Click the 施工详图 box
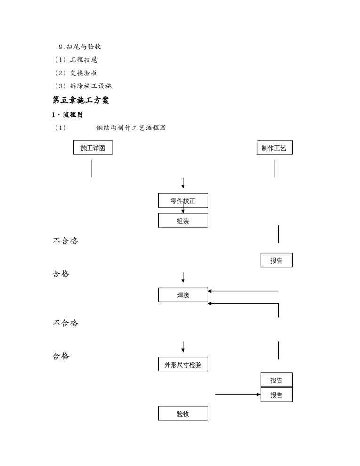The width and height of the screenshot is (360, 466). click(93, 148)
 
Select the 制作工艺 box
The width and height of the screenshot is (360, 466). click(274, 148)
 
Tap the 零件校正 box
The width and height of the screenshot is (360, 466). click(183, 201)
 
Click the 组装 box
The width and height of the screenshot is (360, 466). click(183, 221)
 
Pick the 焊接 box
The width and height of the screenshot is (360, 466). click(183, 295)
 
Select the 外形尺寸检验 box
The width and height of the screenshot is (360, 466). click(183, 364)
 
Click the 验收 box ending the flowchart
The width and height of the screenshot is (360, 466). click(183, 414)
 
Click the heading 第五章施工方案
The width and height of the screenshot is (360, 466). click(80, 100)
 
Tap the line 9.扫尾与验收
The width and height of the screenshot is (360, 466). click(80, 47)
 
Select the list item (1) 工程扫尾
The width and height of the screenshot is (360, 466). click(76, 60)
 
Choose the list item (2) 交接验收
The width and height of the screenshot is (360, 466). click(76, 73)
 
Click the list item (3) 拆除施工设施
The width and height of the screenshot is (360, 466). click(83, 86)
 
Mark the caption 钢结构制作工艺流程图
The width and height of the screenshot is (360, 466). click(131, 128)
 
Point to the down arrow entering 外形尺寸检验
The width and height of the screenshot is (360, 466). click(183, 347)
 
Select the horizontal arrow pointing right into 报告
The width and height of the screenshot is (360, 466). click(237, 394)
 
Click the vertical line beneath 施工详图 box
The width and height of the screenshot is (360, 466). click(91, 168)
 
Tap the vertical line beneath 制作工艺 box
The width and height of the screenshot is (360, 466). click(275, 168)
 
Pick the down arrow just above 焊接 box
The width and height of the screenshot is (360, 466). click(183, 277)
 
